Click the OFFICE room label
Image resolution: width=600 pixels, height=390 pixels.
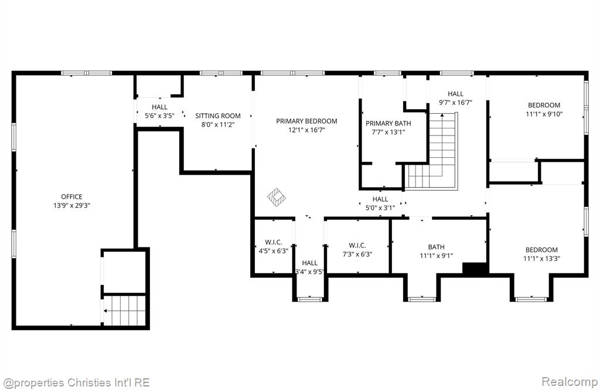[x=71, y=196]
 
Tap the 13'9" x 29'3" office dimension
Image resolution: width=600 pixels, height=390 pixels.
[x=71, y=205]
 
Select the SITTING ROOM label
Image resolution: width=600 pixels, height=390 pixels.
[x=218, y=116]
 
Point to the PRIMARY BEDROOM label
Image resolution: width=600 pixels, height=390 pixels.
[x=306, y=121]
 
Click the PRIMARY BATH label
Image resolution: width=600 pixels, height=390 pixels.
[x=388, y=123]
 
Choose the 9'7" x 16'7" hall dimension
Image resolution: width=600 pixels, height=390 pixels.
[x=455, y=102]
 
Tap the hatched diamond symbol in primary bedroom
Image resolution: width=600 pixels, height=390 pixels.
[x=277, y=197]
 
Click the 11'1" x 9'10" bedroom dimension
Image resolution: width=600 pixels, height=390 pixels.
[x=544, y=114]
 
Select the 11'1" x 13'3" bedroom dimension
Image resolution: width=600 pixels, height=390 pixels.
[x=541, y=259]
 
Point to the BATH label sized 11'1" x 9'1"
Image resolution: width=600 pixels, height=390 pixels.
[x=436, y=247]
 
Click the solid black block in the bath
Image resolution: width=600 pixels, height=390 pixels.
[x=475, y=268]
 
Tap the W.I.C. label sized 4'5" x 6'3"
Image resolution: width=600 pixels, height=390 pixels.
[x=274, y=242]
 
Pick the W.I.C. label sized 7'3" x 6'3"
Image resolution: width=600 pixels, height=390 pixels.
[x=357, y=245]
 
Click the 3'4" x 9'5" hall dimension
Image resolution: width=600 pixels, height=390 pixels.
[x=309, y=272]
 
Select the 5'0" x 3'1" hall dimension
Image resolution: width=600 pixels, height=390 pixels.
[x=380, y=208]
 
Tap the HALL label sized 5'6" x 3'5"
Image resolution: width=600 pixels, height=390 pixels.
[x=159, y=107]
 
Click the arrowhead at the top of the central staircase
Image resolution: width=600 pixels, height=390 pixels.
[x=442, y=114]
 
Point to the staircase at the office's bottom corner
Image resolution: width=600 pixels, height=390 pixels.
[x=124, y=310]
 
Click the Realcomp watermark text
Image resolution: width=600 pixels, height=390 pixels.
[x=570, y=382]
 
